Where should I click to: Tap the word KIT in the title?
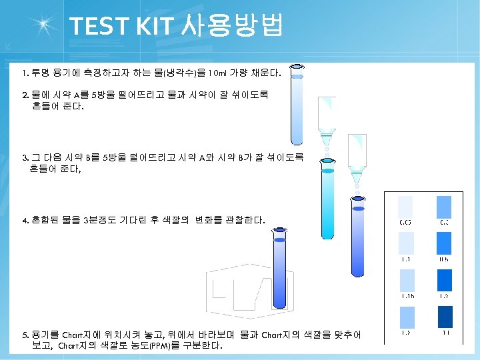point(152,26)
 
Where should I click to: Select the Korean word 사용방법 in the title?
point(231,26)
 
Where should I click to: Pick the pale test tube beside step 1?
point(296,103)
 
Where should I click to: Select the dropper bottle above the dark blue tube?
point(359,160)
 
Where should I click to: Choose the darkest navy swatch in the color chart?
point(445,317)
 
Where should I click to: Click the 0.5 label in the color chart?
point(444,259)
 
